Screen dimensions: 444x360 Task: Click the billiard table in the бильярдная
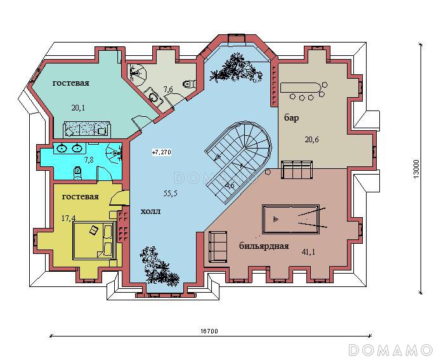[291, 219]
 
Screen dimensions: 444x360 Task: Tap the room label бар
[292, 117]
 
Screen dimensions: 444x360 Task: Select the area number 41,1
[308, 251]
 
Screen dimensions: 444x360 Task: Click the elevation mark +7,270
[162, 152]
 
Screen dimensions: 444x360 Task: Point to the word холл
[151, 211]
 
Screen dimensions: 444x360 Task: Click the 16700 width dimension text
[209, 331]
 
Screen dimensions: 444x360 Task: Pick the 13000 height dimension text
[415, 169]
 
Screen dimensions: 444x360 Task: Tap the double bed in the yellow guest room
[95, 241]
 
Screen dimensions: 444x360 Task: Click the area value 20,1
[78, 108]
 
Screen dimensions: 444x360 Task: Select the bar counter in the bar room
[299, 88]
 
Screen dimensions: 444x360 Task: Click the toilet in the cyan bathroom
[77, 173]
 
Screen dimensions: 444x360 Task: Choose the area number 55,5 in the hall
[171, 194]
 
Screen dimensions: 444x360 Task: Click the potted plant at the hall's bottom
[159, 267]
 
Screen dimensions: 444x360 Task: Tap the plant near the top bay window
[236, 68]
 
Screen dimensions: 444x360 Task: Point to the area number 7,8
[89, 159]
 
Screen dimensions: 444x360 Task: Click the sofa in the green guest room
[87, 129]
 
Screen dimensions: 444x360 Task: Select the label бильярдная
[264, 246]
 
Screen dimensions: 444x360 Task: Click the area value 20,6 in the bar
[311, 140]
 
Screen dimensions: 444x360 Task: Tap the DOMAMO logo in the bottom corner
[391, 350]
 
